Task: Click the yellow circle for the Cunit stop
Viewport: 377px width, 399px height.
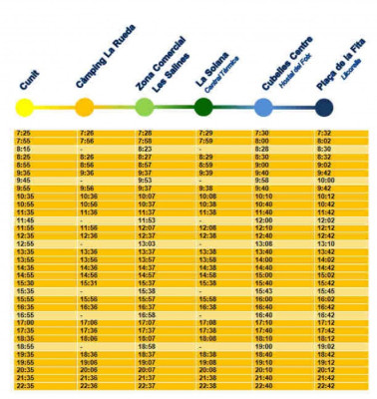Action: pyautogui.click(x=24, y=107)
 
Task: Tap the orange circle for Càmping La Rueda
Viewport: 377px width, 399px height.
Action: pyautogui.click(x=85, y=107)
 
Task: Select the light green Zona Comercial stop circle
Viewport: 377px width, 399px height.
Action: pyautogui.click(x=145, y=107)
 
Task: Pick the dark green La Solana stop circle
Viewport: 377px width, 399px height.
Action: pyautogui.click(x=203, y=107)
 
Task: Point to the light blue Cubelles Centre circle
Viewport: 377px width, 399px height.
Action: pyautogui.click(x=263, y=107)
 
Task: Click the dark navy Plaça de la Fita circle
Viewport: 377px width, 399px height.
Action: pyautogui.click(x=322, y=107)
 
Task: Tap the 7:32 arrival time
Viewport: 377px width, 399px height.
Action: pyautogui.click(x=324, y=133)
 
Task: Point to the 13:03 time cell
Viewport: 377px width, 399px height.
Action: pyautogui.click(x=146, y=243)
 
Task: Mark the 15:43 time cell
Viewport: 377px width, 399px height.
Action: pyautogui.click(x=263, y=290)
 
